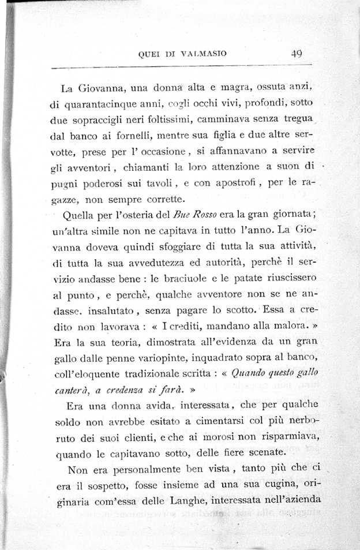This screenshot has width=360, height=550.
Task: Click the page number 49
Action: click(x=297, y=54)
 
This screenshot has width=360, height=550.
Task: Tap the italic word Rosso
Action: click(x=202, y=216)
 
